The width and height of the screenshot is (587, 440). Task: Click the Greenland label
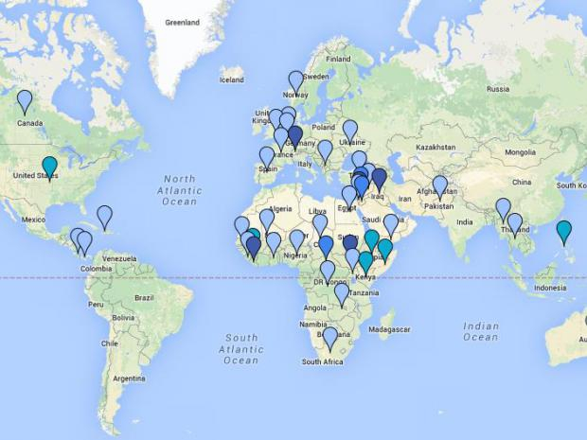(x=182, y=22)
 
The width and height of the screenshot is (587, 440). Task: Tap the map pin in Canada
(x=25, y=101)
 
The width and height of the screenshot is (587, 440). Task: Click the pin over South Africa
(x=330, y=337)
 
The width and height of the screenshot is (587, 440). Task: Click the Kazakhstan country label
(x=436, y=148)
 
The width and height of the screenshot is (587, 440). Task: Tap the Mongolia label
(x=519, y=152)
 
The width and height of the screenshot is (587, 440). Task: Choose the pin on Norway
(x=296, y=82)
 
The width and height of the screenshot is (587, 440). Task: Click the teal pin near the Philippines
(x=564, y=231)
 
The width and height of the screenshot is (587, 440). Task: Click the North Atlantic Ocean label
(x=179, y=189)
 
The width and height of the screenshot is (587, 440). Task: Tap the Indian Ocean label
(x=480, y=331)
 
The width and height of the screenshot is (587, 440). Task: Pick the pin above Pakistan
(x=440, y=186)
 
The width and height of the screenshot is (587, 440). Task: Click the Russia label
(x=498, y=89)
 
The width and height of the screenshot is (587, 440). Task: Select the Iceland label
(x=231, y=79)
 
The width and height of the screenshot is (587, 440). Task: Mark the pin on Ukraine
(x=349, y=131)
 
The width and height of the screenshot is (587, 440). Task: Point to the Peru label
(x=96, y=305)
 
